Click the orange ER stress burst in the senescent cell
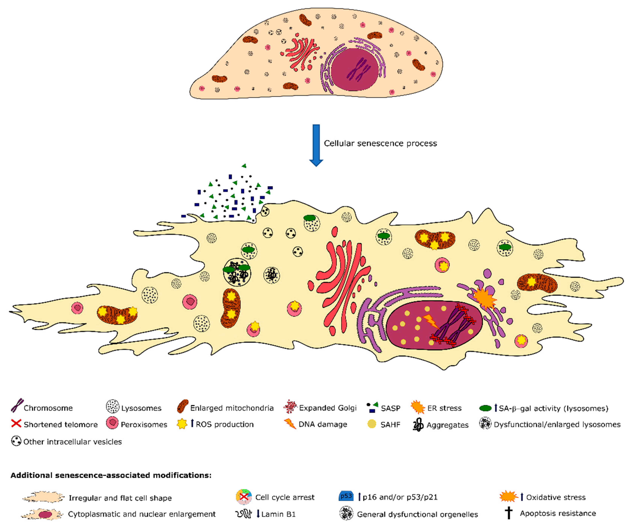(x=484, y=298)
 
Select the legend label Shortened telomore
(x=61, y=424)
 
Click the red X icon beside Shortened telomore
(x=16, y=424)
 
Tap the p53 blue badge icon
(x=346, y=496)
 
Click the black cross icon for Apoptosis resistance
(x=509, y=513)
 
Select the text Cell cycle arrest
(x=285, y=497)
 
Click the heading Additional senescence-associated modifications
(x=111, y=475)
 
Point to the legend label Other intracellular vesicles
(x=73, y=442)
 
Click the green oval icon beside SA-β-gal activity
(x=485, y=408)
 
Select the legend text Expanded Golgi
(x=328, y=408)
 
